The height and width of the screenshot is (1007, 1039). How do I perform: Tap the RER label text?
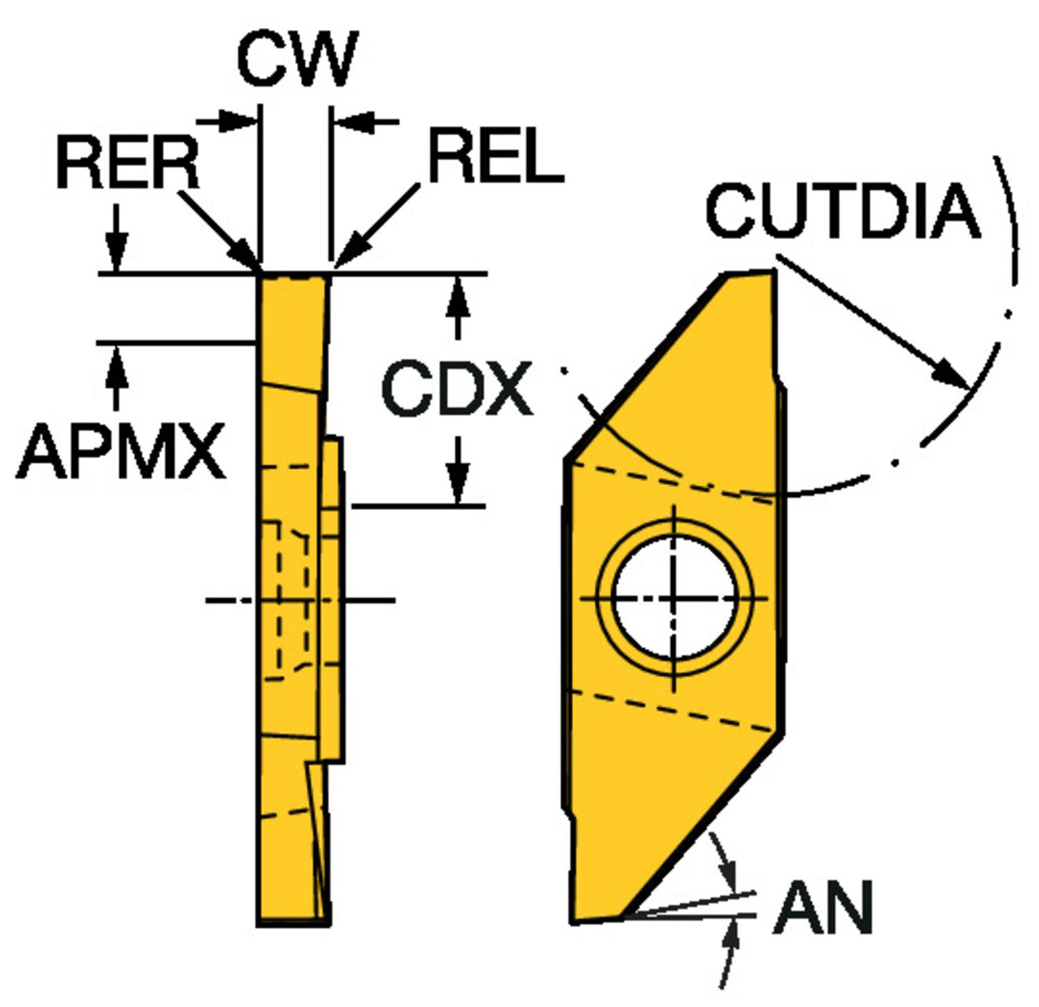click(x=127, y=164)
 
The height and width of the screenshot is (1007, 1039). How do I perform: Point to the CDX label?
click(x=457, y=389)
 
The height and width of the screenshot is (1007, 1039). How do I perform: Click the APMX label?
click(x=122, y=453)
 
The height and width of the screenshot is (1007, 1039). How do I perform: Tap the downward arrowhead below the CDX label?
click(x=457, y=485)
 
